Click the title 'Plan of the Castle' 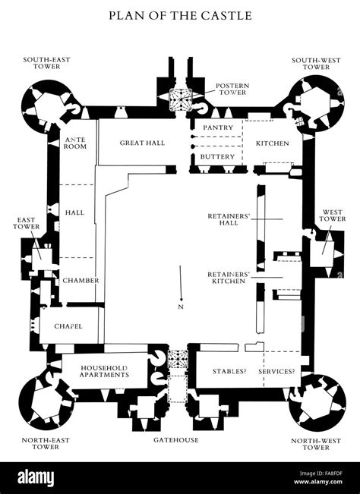pos(179,14)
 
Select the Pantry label pos(213,128)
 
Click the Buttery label pos(213,157)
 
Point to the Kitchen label pos(272,143)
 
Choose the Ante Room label pos(75,143)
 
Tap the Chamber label pos(81,280)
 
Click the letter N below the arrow pos(180,308)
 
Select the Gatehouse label pos(176,440)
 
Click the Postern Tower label pos(231,90)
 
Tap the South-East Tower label pos(45,63)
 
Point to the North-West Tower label pos(314,444)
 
